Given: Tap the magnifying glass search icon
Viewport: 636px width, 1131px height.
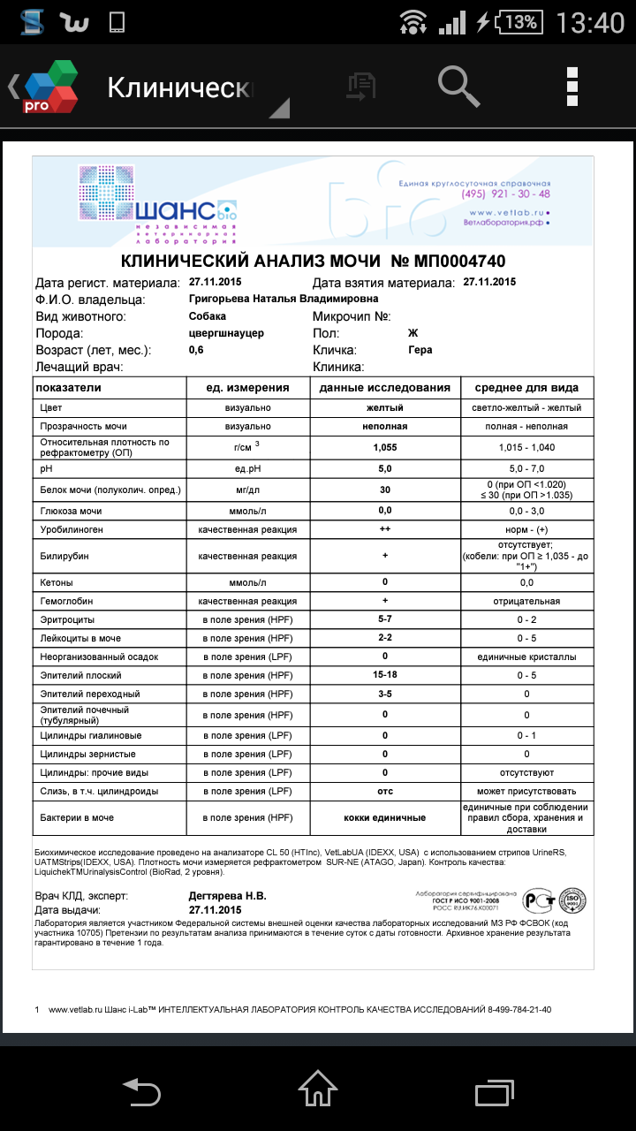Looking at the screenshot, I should click(x=458, y=85).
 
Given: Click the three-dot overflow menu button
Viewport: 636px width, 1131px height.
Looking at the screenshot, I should click(x=572, y=86).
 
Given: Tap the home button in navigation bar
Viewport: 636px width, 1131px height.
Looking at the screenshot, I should click(x=318, y=1089).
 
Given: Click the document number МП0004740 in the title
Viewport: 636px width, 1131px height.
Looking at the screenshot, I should click(x=449, y=262).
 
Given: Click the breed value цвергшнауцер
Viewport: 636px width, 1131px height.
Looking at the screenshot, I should click(x=227, y=333).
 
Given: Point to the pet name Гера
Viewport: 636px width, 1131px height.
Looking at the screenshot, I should click(x=420, y=350).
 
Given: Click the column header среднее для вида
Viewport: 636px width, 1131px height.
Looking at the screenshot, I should click(x=526, y=388).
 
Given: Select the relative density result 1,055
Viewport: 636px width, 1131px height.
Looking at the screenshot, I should click(x=385, y=447).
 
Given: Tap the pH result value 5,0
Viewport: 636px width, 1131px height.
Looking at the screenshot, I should click(x=385, y=468).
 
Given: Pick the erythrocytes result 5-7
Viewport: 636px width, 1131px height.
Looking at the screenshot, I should click(x=385, y=619).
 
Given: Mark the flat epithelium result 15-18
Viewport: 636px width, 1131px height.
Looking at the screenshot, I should click(x=385, y=675).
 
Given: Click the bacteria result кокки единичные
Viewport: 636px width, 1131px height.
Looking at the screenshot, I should click(x=385, y=818).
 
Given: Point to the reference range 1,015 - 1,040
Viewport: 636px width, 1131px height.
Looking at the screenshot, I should click(x=526, y=447).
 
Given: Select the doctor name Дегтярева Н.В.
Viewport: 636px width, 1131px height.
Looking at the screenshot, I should click(x=228, y=895).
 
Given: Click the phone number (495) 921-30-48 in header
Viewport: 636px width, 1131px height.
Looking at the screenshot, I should click(x=506, y=194).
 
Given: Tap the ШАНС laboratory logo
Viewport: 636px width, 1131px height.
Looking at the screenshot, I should click(x=159, y=203).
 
